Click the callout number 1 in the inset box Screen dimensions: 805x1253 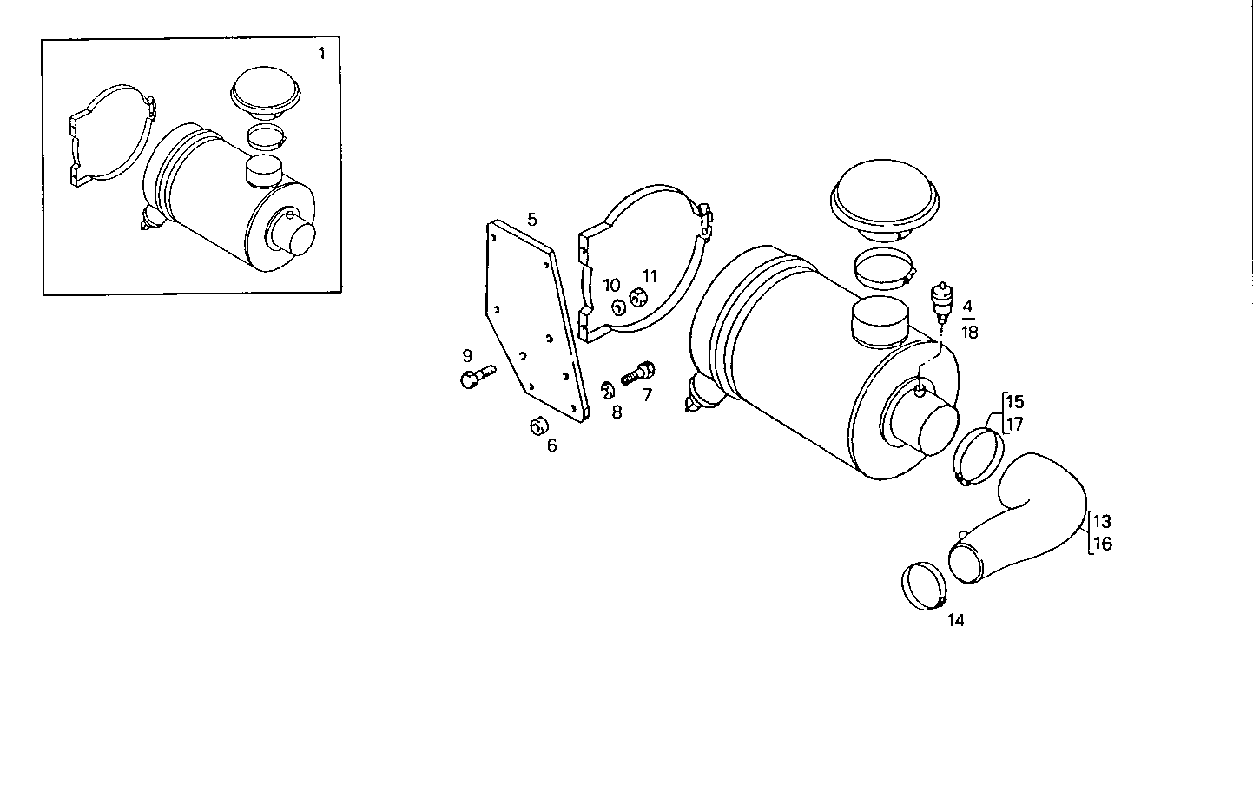pos(321,54)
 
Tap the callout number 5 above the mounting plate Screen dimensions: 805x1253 pos(531,219)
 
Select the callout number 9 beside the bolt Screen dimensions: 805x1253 pos(467,356)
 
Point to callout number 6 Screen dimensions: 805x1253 pos(551,446)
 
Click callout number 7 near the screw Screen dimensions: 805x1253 pos(647,395)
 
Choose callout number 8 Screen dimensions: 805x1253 pos(617,412)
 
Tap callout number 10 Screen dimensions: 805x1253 pos(611,286)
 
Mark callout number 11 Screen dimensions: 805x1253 pos(650,277)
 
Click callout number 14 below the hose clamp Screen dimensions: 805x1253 pos(955,620)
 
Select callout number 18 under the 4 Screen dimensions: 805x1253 pos(970,333)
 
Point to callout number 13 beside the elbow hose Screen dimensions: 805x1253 pos(1102,522)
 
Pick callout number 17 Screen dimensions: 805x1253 pos(1014,425)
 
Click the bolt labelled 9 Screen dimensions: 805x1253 pos(475,375)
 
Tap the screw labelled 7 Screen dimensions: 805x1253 pos(638,374)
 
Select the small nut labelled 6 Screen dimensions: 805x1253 pos(538,426)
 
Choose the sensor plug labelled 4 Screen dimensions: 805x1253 pos(940,300)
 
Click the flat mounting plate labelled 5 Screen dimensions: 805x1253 pos(530,321)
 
